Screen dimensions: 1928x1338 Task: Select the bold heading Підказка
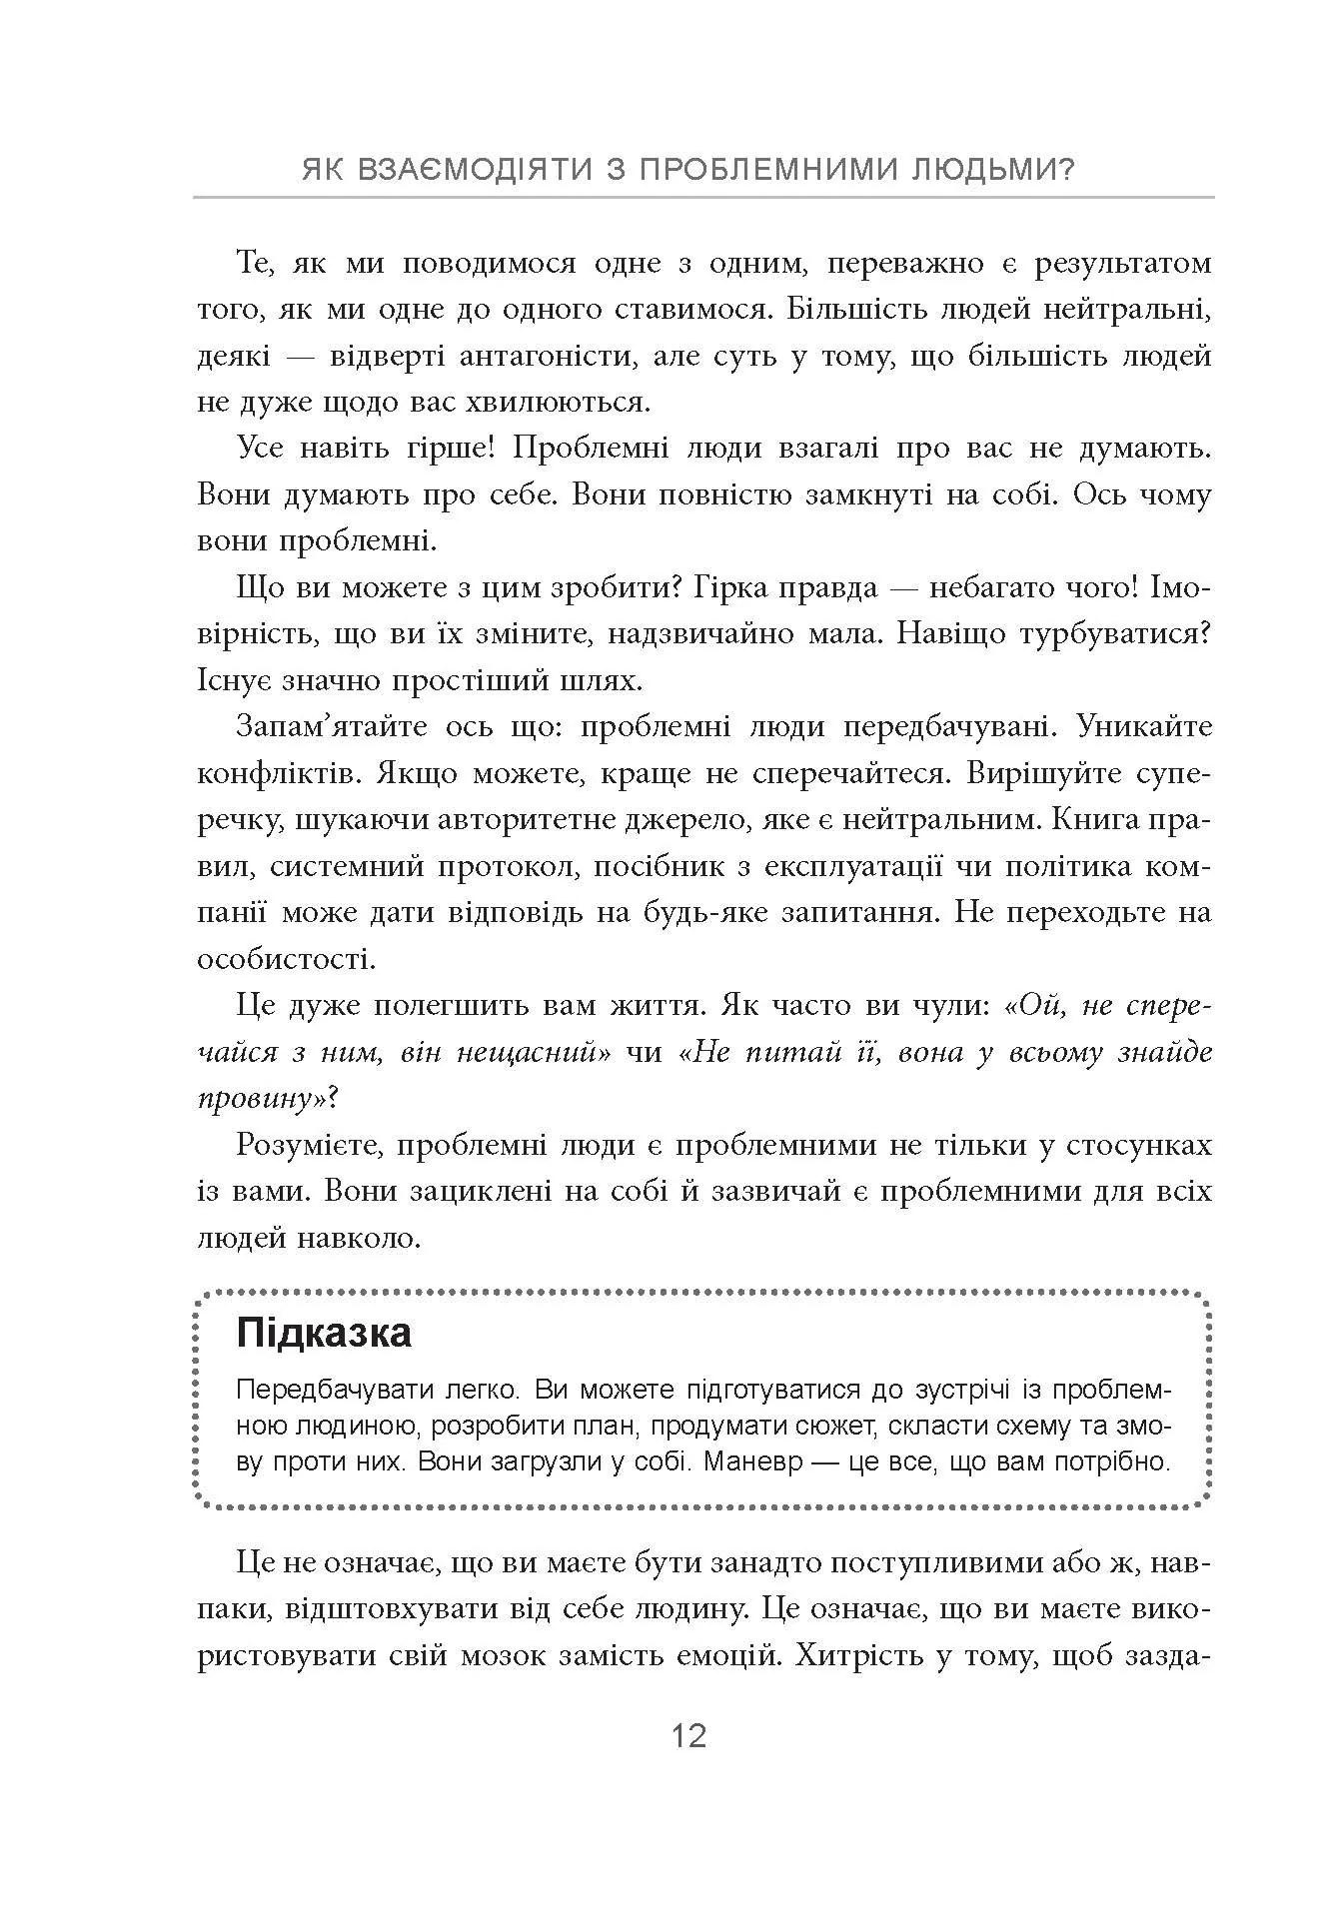324,1335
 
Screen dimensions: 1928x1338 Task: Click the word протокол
508,865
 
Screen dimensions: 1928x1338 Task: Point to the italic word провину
262,1098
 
